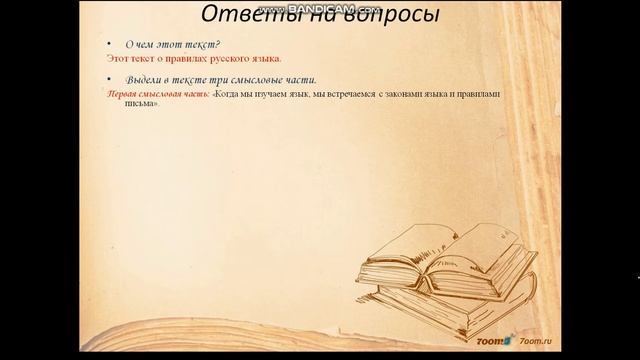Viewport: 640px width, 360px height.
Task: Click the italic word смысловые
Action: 256,79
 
